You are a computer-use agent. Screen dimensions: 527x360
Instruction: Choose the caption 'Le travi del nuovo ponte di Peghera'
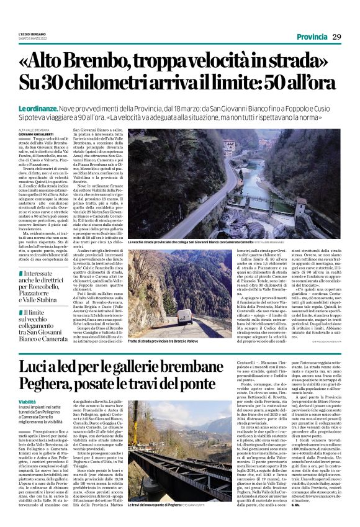[x=163, y=506]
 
